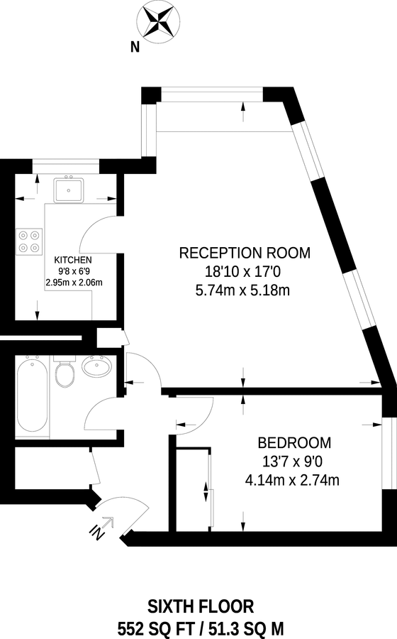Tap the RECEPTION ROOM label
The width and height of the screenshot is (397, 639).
click(245, 253)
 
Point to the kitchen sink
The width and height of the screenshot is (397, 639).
click(69, 189)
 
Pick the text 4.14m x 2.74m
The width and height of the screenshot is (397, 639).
click(291, 480)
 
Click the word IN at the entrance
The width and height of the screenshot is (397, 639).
click(97, 530)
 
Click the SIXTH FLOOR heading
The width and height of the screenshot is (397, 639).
click(201, 606)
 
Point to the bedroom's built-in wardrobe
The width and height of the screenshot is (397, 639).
click(194, 489)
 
